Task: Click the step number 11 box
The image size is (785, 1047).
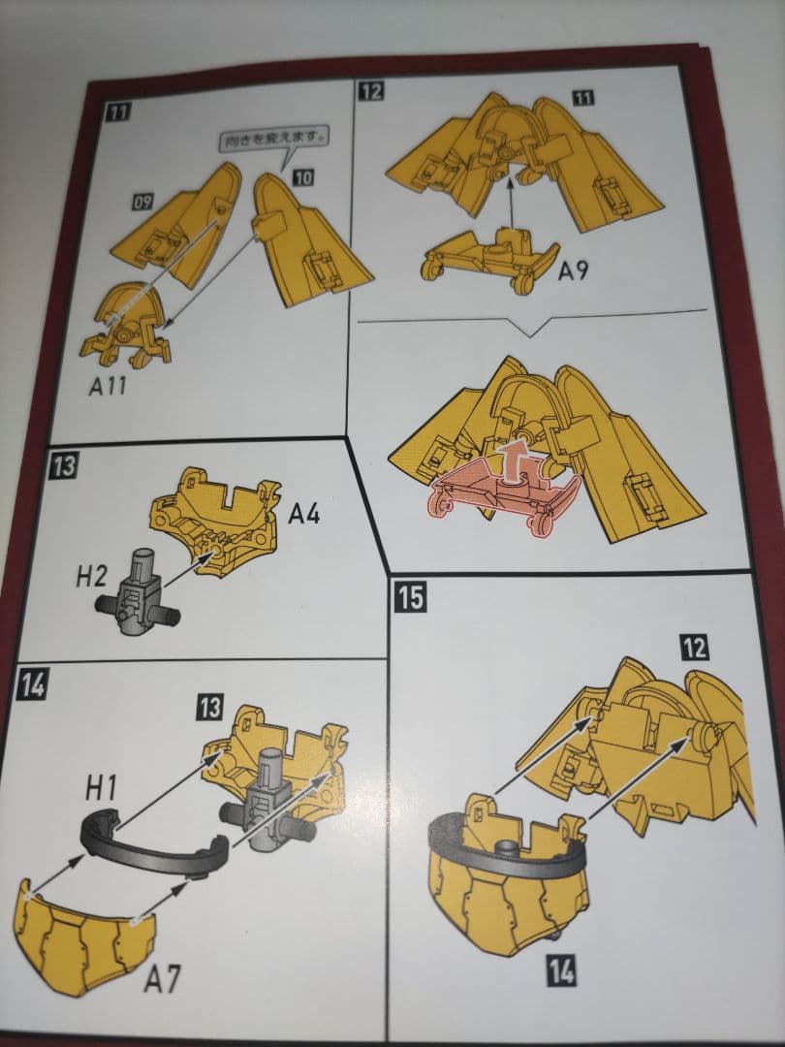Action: [x=117, y=111]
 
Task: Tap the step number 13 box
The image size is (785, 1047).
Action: [x=63, y=465]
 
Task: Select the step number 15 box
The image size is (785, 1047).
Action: [x=410, y=595]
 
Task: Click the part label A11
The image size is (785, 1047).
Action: [x=108, y=385]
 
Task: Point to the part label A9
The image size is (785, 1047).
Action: [x=574, y=270]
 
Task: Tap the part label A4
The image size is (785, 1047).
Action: [x=303, y=514]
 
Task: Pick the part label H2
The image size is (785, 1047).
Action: [x=91, y=576]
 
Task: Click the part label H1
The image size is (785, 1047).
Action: [x=101, y=788]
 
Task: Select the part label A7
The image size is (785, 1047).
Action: [x=162, y=979]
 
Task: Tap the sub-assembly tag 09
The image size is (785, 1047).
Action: [x=142, y=201]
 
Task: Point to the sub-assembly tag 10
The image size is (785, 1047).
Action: [x=302, y=177]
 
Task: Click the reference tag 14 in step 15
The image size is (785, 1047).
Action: [x=561, y=969]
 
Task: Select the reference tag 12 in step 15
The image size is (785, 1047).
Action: [x=695, y=647]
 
